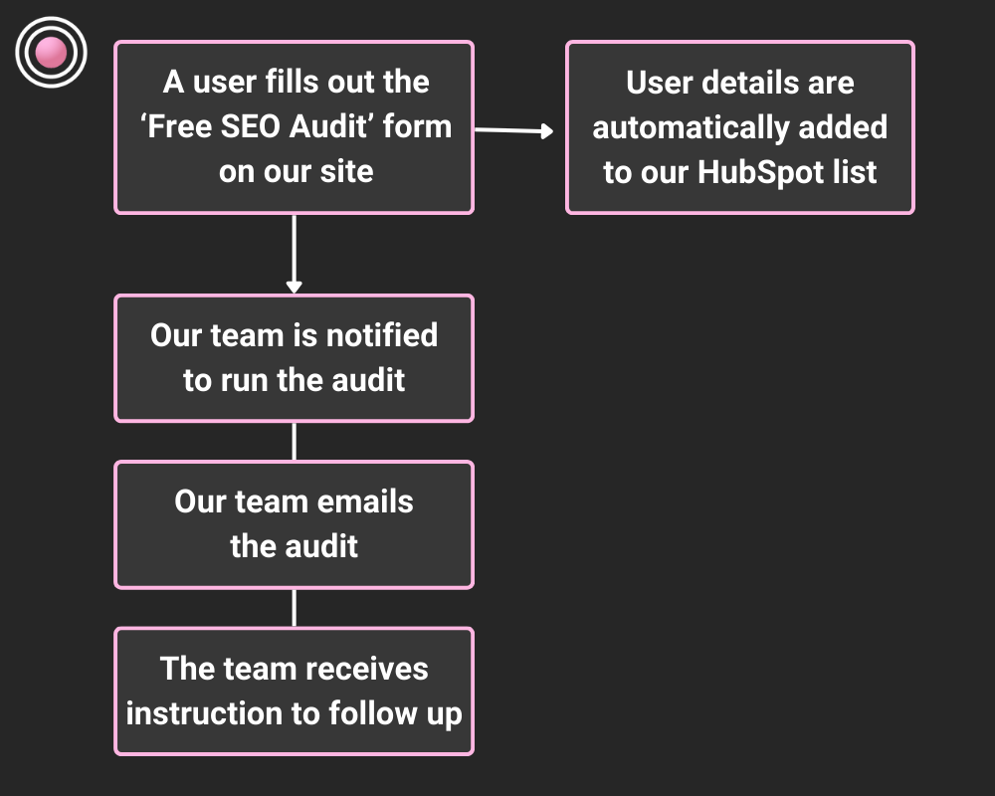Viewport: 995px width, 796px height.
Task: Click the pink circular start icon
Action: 52,52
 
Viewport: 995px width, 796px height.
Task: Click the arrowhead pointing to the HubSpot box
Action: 545,131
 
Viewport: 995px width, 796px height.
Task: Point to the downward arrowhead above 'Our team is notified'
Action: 294,287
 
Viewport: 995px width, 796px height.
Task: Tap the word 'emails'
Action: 364,501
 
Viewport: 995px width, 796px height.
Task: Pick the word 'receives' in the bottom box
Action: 369,668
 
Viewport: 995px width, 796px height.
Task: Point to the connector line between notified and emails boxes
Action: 294,441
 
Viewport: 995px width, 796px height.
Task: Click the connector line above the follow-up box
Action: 294,607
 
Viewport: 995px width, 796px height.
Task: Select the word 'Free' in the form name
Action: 178,127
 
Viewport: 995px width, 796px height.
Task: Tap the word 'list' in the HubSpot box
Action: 853,171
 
